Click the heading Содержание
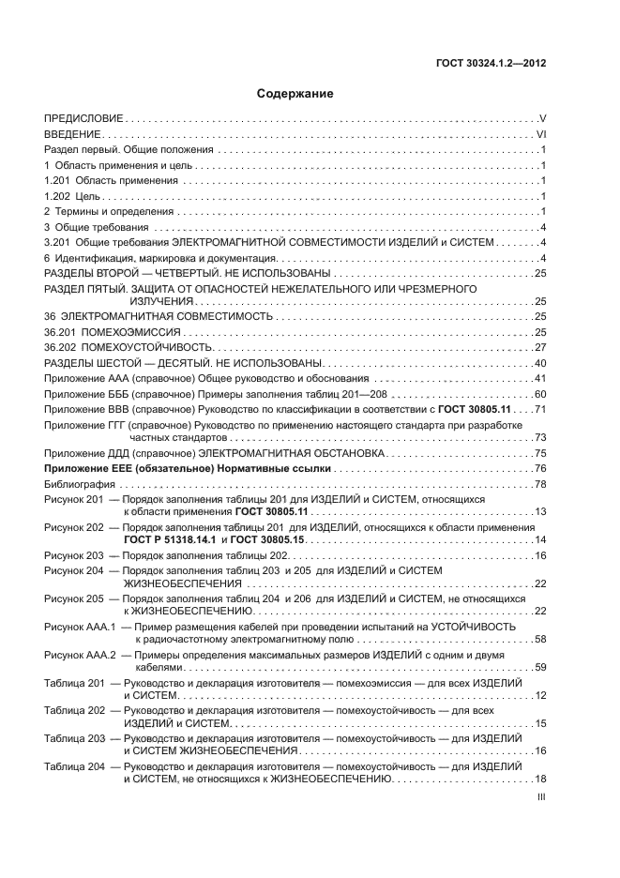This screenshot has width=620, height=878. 295,94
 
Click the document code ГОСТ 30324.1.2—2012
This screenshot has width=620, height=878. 494,64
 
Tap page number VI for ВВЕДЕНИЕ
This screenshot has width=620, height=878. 541,135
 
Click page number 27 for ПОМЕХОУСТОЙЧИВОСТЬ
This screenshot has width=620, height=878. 540,347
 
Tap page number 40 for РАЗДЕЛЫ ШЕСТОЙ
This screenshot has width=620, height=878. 540,363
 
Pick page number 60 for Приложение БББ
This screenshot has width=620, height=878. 540,394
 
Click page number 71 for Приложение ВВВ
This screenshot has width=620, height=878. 540,409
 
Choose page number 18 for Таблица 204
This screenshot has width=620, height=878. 540,780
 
